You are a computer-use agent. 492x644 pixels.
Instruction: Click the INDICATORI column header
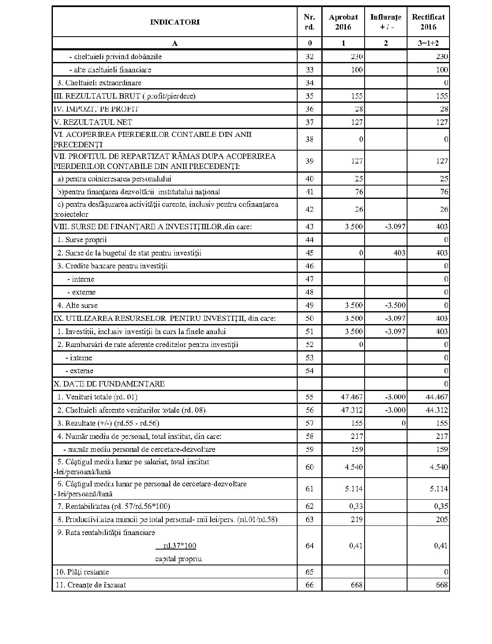point(175,22)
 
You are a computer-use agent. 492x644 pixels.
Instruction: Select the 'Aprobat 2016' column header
point(343,22)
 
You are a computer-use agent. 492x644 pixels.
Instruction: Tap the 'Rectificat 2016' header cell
point(428,22)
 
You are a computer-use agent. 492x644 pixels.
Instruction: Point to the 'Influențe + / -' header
point(385,22)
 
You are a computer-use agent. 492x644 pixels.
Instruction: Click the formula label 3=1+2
point(428,43)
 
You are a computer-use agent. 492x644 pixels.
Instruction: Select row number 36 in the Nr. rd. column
point(309,109)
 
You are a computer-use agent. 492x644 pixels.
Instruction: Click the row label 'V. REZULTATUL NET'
point(93,122)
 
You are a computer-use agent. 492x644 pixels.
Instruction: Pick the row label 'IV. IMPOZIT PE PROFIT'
point(96,109)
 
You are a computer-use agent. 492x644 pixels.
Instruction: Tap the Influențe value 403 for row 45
point(399,253)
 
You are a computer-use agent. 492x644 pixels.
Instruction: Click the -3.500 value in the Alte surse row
point(395,305)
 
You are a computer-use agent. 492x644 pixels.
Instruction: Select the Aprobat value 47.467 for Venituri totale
point(352,397)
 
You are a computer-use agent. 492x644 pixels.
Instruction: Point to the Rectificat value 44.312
point(437,410)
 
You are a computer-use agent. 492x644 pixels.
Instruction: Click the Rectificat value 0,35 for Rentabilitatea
point(441,506)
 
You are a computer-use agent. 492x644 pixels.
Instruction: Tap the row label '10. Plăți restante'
point(82,572)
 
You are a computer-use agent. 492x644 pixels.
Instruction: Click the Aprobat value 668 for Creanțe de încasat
point(356,585)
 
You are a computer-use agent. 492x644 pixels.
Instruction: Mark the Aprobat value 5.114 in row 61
point(354,489)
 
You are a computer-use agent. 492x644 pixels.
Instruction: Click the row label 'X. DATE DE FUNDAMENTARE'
point(109,384)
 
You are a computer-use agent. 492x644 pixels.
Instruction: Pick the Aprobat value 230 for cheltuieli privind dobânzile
point(356,57)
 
